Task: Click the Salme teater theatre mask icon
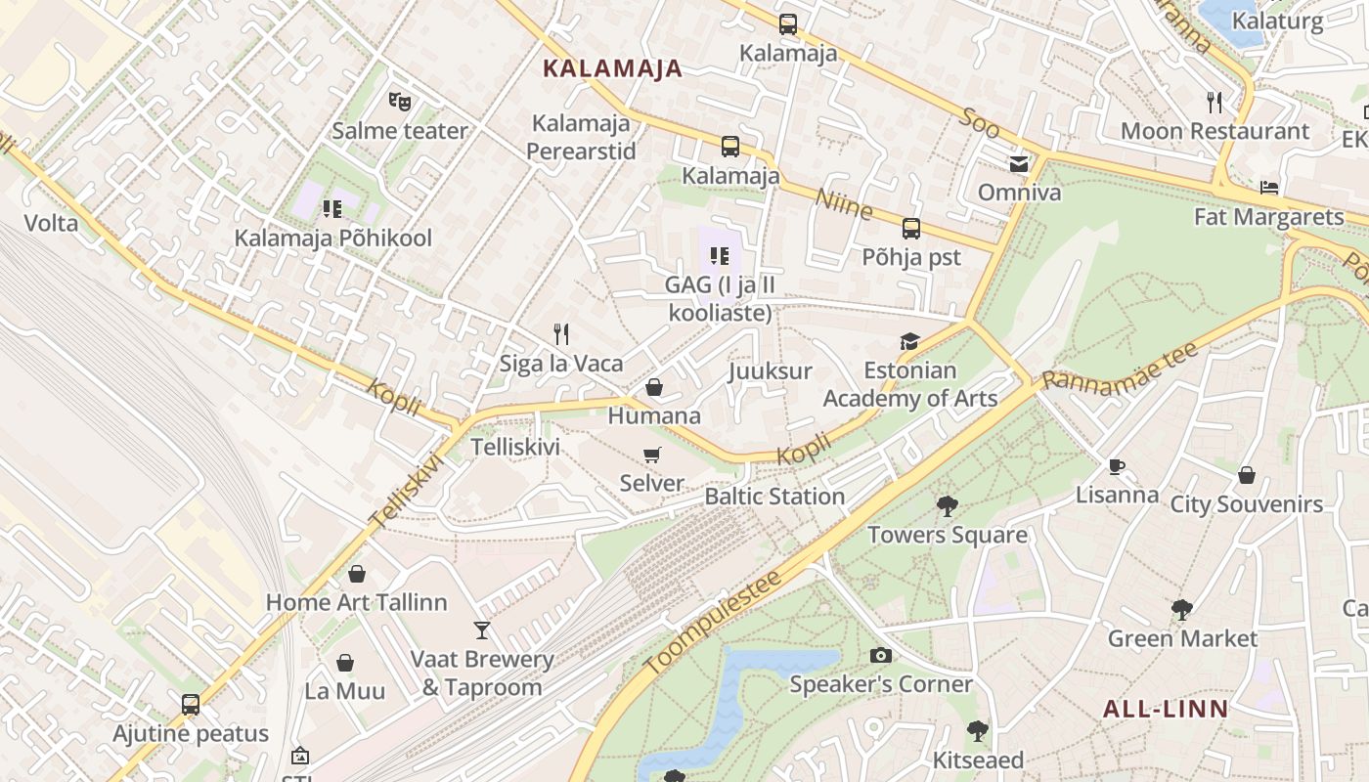tap(399, 100)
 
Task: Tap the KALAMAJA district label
tap(612, 68)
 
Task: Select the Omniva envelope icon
tap(1019, 163)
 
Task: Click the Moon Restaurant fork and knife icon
tap(1214, 102)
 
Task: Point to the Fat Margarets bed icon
tap(1269, 188)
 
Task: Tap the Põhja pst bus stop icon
tap(910, 229)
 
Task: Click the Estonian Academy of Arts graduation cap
tap(909, 341)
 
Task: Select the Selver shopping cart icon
tap(652, 455)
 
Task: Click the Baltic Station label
tap(774, 497)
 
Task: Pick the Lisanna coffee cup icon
tap(1117, 466)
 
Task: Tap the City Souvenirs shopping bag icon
tap(1246, 476)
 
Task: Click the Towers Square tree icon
tap(947, 505)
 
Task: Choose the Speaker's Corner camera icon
tap(880, 655)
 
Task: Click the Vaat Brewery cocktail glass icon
tap(481, 630)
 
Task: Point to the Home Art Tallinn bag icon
tap(356, 574)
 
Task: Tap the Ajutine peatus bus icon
tap(191, 705)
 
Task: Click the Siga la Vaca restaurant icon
tap(561, 334)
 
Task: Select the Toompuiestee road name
tap(714, 622)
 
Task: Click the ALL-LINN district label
tap(1166, 710)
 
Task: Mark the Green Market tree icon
tap(1181, 610)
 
